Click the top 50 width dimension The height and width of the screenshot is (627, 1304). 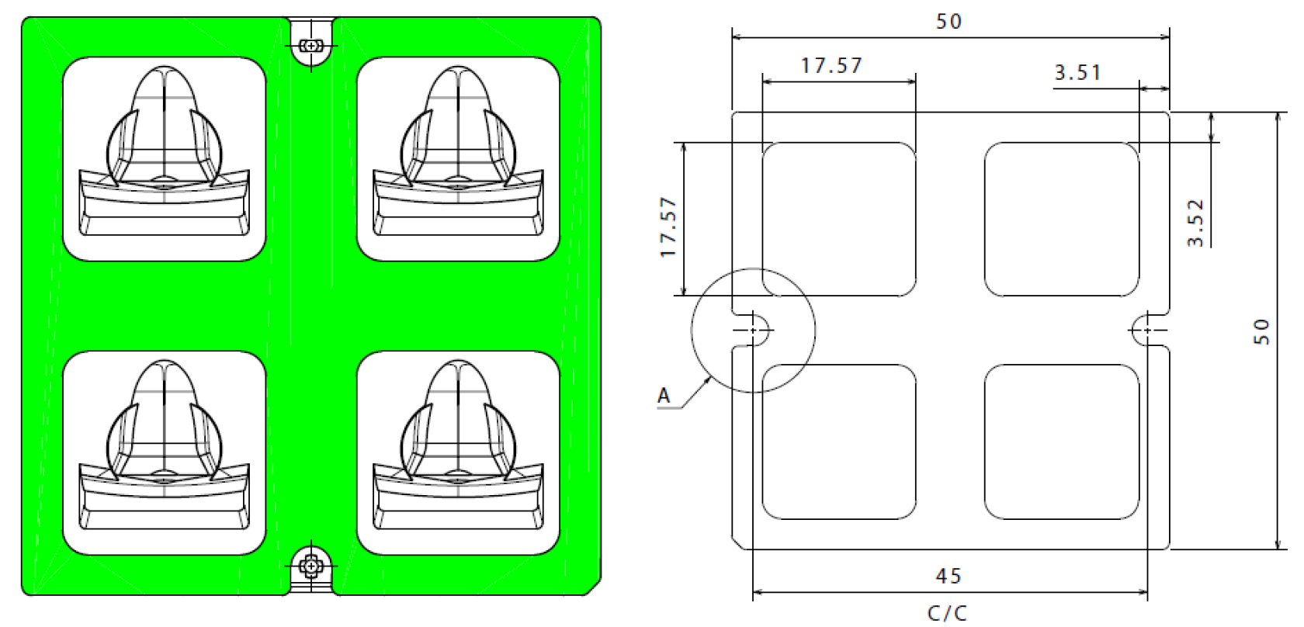[x=949, y=22]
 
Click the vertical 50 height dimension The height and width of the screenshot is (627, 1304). [x=1262, y=331]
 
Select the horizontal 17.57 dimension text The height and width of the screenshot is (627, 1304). [x=831, y=66]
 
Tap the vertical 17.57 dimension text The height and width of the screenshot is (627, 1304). [x=668, y=227]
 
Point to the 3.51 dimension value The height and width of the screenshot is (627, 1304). [x=1077, y=73]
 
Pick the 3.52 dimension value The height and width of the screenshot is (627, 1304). [x=1196, y=223]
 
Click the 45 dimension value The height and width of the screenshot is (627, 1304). [x=949, y=576]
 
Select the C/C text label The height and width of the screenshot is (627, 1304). [x=947, y=613]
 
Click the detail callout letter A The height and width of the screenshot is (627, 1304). [x=664, y=396]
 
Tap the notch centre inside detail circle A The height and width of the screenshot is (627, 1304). [x=752, y=331]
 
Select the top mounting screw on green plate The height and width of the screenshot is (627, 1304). [x=311, y=46]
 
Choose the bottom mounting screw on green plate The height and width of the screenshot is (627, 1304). [x=311, y=567]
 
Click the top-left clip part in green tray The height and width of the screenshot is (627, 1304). [x=164, y=155]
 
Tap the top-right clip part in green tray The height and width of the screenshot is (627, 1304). [x=458, y=155]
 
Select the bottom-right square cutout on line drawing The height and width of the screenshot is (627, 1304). [x=1062, y=442]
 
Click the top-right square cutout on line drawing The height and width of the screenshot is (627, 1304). [x=1062, y=220]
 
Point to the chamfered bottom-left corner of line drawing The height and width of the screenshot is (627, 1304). [x=738, y=542]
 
